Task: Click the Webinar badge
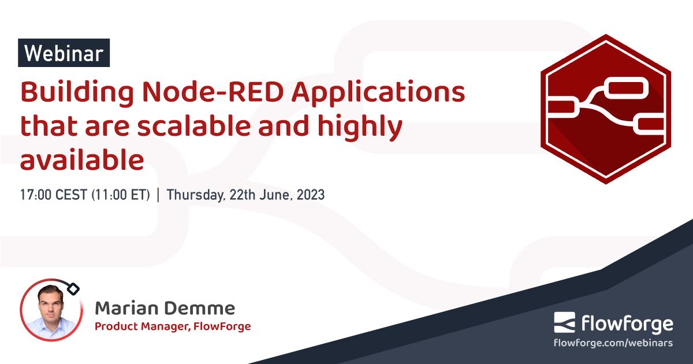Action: (x=64, y=53)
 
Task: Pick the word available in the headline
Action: (x=81, y=159)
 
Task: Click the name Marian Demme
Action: (x=165, y=308)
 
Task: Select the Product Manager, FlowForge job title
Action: (x=173, y=326)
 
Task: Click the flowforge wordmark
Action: (x=626, y=324)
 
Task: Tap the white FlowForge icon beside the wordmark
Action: (x=565, y=323)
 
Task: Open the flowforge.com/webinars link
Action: (x=613, y=343)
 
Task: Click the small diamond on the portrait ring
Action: (x=73, y=288)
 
